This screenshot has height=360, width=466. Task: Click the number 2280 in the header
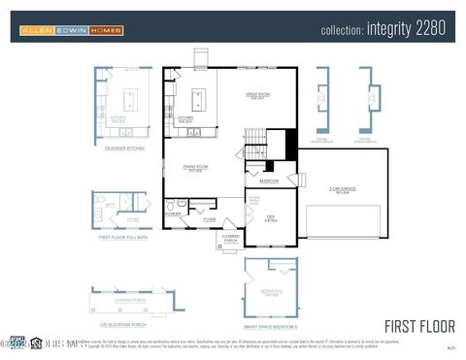click(430, 30)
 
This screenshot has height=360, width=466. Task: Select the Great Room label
click(257, 95)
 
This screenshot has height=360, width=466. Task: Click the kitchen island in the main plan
click(199, 98)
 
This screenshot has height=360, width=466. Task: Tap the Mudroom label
click(269, 180)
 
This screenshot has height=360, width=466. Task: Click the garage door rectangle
click(343, 221)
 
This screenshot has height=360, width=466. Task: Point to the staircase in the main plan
click(255, 146)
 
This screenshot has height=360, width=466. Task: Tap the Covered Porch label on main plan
click(230, 237)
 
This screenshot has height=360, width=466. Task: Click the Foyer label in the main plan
click(209, 220)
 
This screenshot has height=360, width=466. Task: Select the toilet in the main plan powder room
click(171, 205)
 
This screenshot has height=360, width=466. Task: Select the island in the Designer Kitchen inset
click(128, 100)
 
